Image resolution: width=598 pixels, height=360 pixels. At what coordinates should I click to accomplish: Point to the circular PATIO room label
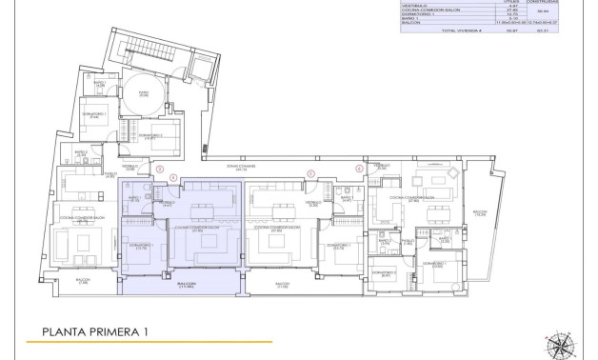(x=144, y=93)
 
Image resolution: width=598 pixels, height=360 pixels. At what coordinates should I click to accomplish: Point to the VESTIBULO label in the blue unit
(x=166, y=203)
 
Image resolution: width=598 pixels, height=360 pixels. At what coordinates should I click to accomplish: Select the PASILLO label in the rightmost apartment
(x=406, y=242)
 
